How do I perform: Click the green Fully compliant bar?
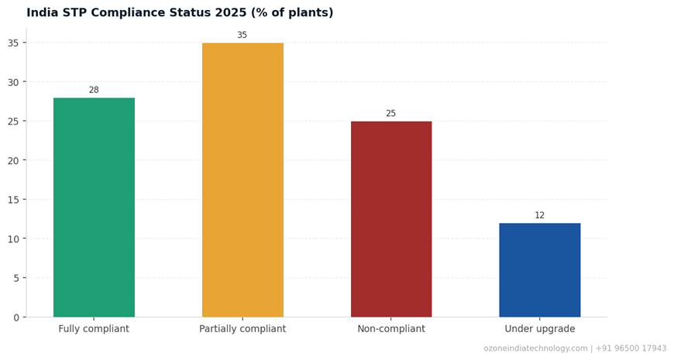click(x=94, y=207)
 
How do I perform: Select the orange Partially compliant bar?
click(x=242, y=180)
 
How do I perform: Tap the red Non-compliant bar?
click(x=391, y=219)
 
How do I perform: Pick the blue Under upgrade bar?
click(x=539, y=270)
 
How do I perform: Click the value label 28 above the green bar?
click(x=94, y=91)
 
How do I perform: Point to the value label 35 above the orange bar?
click(x=242, y=36)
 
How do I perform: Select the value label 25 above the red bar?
click(x=391, y=114)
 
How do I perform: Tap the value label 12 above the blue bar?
click(x=539, y=216)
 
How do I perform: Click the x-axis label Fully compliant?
click(x=94, y=329)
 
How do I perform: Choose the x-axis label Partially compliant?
click(x=242, y=329)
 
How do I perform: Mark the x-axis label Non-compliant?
click(x=391, y=329)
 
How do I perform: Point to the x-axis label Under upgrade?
click(x=539, y=329)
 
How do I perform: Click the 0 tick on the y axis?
click(x=15, y=317)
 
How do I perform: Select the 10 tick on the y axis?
click(x=13, y=239)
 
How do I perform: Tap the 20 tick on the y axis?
click(x=13, y=160)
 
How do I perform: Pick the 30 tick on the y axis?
click(x=13, y=82)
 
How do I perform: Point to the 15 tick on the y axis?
click(x=13, y=200)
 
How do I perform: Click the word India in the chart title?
click(x=42, y=13)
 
